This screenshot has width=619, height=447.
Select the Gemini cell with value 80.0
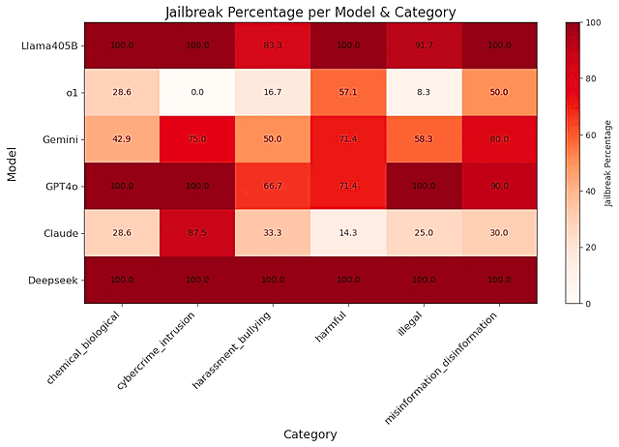pyautogui.click(x=498, y=138)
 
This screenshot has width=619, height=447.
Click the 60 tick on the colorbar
pyautogui.click(x=583, y=134)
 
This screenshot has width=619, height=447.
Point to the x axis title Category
pyautogui.click(x=309, y=434)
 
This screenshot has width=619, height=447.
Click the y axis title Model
pyautogui.click(x=12, y=163)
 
